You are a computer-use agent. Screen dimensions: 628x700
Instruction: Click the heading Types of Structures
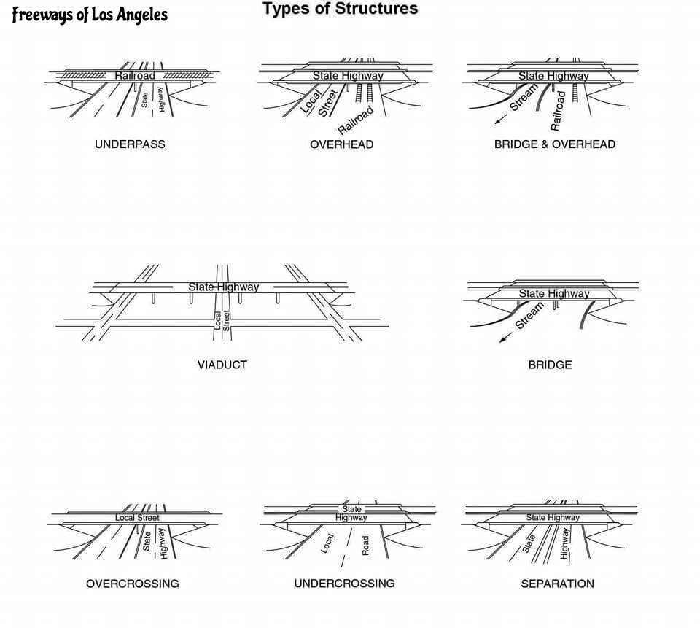tap(340, 9)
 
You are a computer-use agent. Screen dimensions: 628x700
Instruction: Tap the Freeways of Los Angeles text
tap(90, 15)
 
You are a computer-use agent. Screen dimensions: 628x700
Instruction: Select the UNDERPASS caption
tap(130, 144)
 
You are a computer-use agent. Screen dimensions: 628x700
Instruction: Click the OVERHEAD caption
tap(341, 144)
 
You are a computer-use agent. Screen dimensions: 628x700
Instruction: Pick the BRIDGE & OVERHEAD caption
tap(554, 144)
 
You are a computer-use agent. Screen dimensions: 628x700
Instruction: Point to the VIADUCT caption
tap(222, 365)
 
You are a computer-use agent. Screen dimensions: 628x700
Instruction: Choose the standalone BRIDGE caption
tap(550, 365)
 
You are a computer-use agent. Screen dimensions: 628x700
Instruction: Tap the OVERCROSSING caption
tap(132, 584)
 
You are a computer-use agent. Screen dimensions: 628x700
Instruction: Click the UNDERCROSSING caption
tap(344, 584)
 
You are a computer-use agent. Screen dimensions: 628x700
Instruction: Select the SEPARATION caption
tap(557, 584)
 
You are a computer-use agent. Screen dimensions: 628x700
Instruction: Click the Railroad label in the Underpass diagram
tap(135, 75)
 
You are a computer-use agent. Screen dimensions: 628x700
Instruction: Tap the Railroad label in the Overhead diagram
tap(356, 120)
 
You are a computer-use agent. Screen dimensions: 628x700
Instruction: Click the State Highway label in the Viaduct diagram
tap(223, 287)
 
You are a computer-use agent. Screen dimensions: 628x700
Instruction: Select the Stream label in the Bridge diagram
tap(530, 316)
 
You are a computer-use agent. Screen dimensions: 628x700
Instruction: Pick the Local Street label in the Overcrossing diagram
tap(137, 518)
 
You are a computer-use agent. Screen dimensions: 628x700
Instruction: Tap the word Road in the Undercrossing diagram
tap(365, 545)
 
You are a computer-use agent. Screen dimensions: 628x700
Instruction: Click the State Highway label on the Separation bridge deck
tap(553, 518)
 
